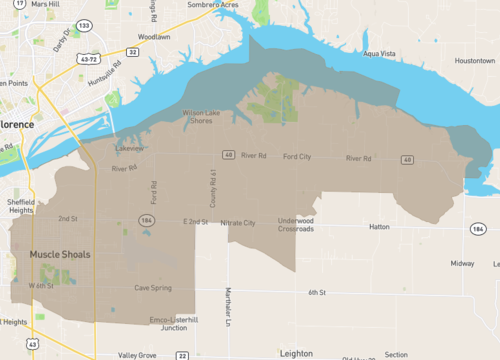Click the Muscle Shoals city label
point(59,254)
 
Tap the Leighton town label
point(296,353)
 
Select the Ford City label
point(297,157)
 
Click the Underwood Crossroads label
point(296,224)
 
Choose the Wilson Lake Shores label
point(206,117)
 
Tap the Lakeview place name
point(130,148)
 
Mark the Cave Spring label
point(153,288)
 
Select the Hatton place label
point(379,227)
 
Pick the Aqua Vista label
point(379,53)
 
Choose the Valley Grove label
point(136,355)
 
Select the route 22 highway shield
point(182,355)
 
